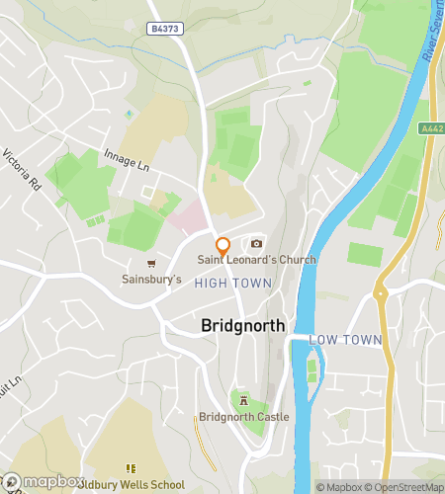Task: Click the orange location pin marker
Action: pos(222,246)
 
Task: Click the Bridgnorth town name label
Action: pos(243,325)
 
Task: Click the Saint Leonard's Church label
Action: pos(256,260)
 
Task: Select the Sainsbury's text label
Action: pos(151,280)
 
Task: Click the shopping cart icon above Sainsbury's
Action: pos(151,264)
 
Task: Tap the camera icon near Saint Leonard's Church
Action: pos(256,244)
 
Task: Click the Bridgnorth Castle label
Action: pos(243,417)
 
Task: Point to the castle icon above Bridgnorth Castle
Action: pos(243,400)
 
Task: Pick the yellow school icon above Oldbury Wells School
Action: pos(129,468)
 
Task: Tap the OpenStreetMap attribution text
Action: pos(404,487)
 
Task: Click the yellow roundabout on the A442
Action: pos(379,292)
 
